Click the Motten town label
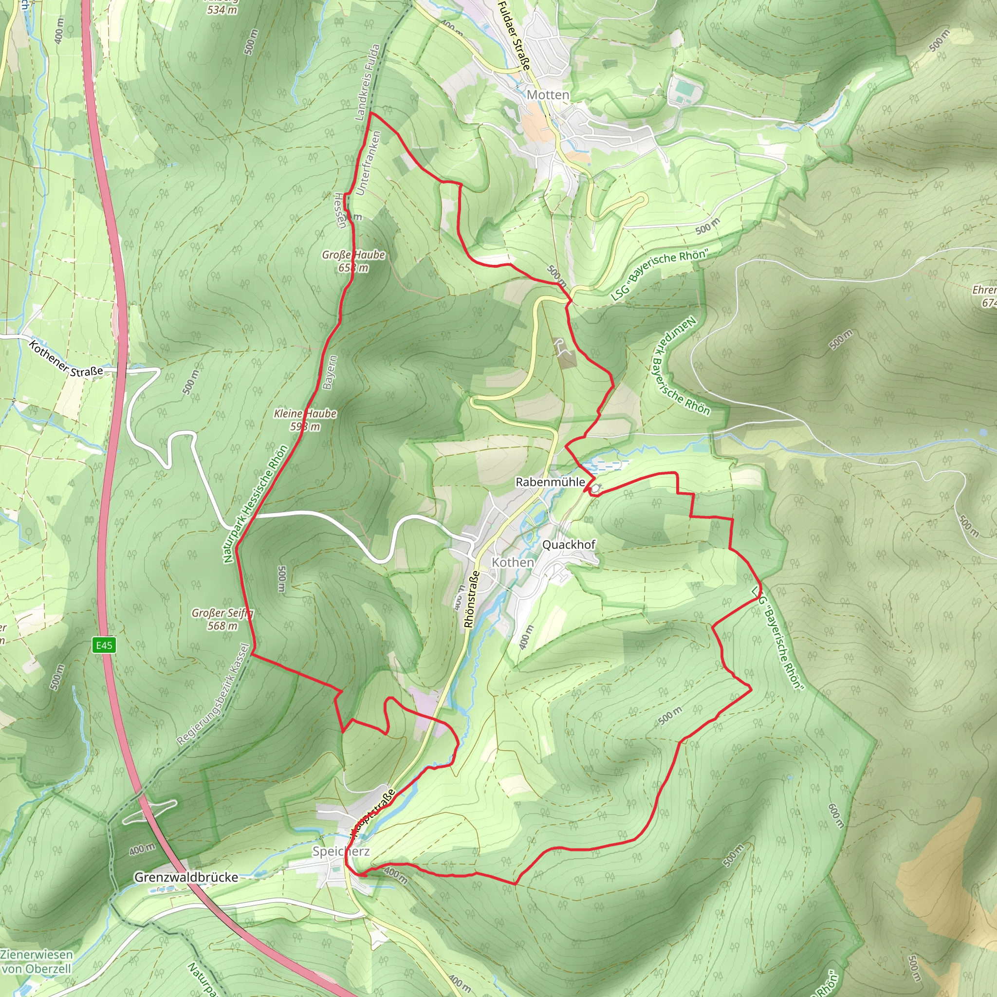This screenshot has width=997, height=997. click(548, 95)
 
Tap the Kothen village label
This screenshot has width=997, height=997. click(513, 562)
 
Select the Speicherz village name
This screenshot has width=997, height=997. click(341, 851)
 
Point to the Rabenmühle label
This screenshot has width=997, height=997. click(550, 482)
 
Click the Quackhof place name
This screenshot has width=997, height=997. click(568, 544)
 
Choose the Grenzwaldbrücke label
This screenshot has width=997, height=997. click(186, 877)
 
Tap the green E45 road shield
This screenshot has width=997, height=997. click(104, 645)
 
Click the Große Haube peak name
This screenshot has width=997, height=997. click(353, 255)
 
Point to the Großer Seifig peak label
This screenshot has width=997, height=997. click(222, 613)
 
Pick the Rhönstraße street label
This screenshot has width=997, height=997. click(471, 599)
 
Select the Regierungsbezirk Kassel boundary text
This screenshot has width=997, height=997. click(214, 695)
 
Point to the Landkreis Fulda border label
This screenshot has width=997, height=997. click(368, 83)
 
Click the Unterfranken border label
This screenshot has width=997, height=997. click(368, 163)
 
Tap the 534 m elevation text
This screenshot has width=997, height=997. click(222, 9)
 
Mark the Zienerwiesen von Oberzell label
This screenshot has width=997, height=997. click(36, 961)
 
